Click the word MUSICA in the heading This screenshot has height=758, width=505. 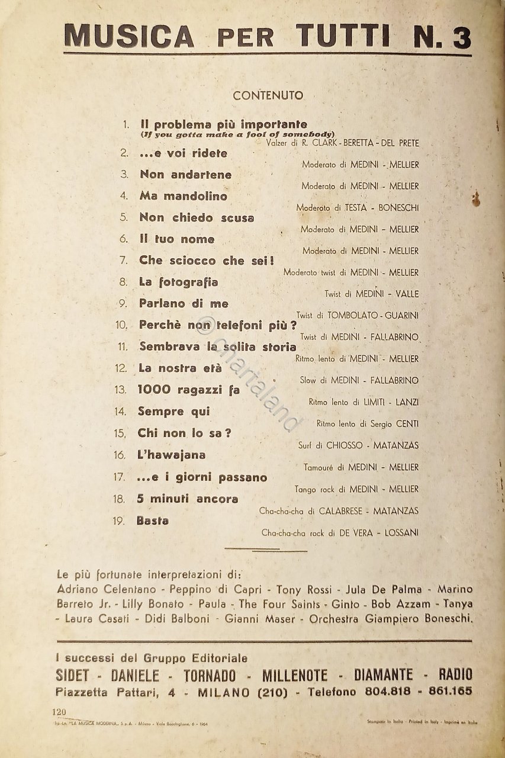[128, 36]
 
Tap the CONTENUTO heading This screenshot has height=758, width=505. [268, 95]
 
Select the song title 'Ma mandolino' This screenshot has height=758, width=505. [184, 196]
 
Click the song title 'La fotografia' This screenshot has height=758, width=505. [178, 282]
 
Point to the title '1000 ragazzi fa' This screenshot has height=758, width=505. [188, 390]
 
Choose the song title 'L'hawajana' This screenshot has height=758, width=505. [172, 455]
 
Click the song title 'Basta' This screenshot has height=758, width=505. [153, 521]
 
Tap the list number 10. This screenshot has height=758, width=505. [121, 325]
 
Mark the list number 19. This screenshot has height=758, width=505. [118, 521]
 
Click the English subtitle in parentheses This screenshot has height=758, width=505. [238, 134]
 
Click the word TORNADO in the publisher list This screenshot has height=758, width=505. [210, 675]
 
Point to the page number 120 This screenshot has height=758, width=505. [59, 711]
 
